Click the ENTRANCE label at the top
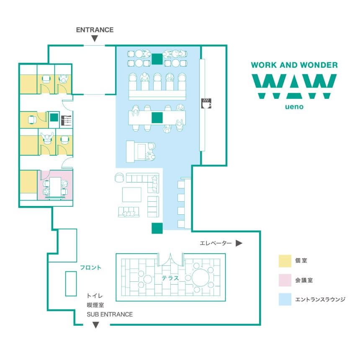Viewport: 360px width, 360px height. point(95,30)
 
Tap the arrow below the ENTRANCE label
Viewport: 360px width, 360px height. point(95,39)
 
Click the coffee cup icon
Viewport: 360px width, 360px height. point(206,103)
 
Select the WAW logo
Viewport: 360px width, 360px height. point(294,86)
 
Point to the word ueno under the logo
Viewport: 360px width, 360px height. point(294,107)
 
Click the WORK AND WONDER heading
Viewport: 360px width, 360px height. point(294,65)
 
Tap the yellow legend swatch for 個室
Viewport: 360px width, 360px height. point(285,261)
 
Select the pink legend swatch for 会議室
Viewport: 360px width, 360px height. point(285,280)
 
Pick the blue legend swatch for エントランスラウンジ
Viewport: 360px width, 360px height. point(285,299)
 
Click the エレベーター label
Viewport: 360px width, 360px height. point(216,243)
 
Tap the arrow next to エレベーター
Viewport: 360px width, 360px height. point(239,243)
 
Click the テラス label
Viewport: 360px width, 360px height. point(170,278)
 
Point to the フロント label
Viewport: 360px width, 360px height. point(90,267)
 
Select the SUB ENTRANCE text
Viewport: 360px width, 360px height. point(110,314)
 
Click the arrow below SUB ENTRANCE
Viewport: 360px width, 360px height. point(96,325)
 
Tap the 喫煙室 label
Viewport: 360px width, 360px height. point(95,305)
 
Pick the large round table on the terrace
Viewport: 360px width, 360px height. point(201,278)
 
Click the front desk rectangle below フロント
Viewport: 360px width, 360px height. point(71,284)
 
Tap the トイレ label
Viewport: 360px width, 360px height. point(95,296)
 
